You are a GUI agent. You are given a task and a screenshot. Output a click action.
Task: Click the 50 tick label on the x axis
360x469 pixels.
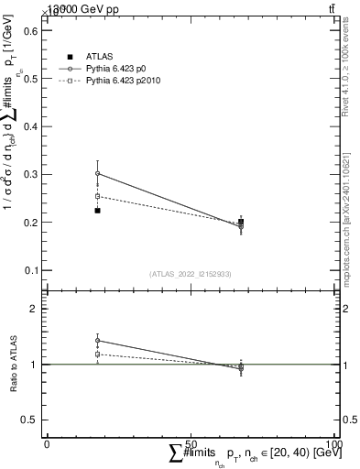coord(191,443)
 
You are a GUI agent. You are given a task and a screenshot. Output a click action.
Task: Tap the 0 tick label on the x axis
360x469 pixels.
coord(47,443)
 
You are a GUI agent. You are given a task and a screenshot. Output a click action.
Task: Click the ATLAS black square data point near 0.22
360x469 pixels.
coord(97,211)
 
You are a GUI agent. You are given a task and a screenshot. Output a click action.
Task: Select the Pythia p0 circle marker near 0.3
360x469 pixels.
coord(97,173)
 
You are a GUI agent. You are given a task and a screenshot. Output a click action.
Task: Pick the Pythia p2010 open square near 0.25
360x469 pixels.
coord(97,196)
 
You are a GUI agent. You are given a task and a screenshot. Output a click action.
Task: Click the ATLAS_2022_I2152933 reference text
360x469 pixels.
coord(191,274)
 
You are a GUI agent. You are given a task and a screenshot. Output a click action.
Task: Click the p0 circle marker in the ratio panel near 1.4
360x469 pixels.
coord(97,341)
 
